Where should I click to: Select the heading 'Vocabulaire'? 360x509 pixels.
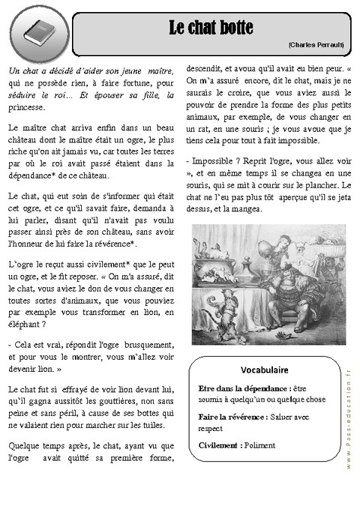[265, 370]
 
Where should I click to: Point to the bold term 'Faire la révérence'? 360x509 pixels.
[232, 417]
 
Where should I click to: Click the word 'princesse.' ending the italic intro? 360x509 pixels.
[28, 107]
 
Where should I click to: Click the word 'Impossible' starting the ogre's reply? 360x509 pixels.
[215, 161]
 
